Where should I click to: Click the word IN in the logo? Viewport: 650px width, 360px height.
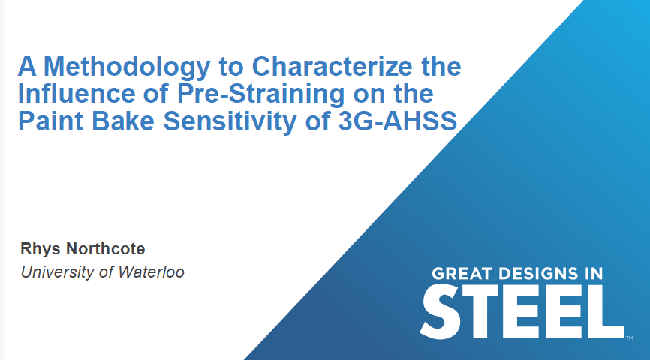pos(594,274)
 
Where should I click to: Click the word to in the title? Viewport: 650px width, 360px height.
pos(235,68)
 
